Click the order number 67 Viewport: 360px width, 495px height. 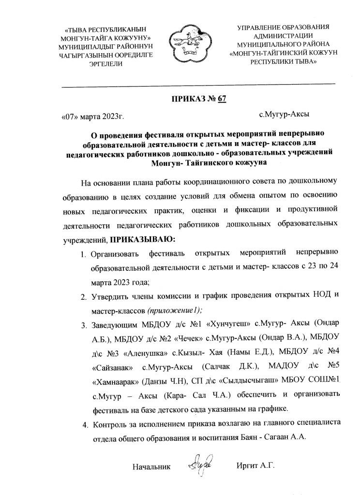click(222, 100)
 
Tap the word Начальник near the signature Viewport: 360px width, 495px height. click(151, 467)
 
